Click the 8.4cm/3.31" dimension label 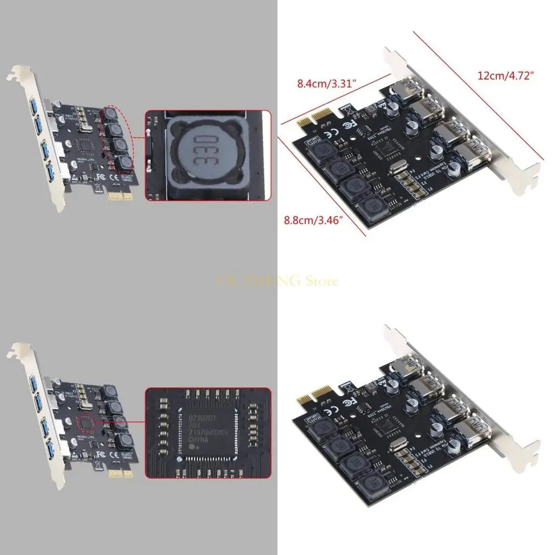pyautogui.click(x=326, y=83)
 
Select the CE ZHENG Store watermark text pyautogui.click(x=277, y=281)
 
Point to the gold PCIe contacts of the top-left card pyautogui.click(x=120, y=195)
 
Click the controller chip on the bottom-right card pyautogui.click(x=388, y=427)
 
